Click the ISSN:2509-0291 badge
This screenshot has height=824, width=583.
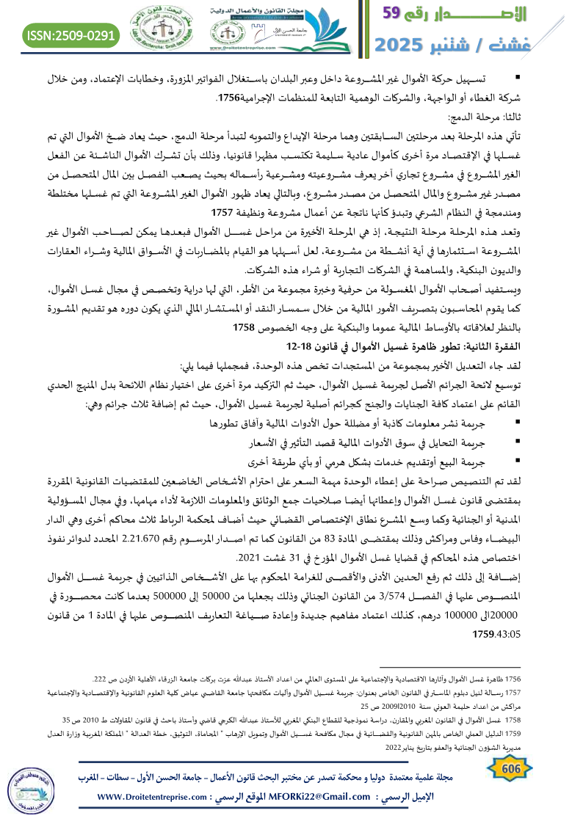pos(72,34)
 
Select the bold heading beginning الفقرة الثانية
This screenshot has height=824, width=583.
pos(425,346)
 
